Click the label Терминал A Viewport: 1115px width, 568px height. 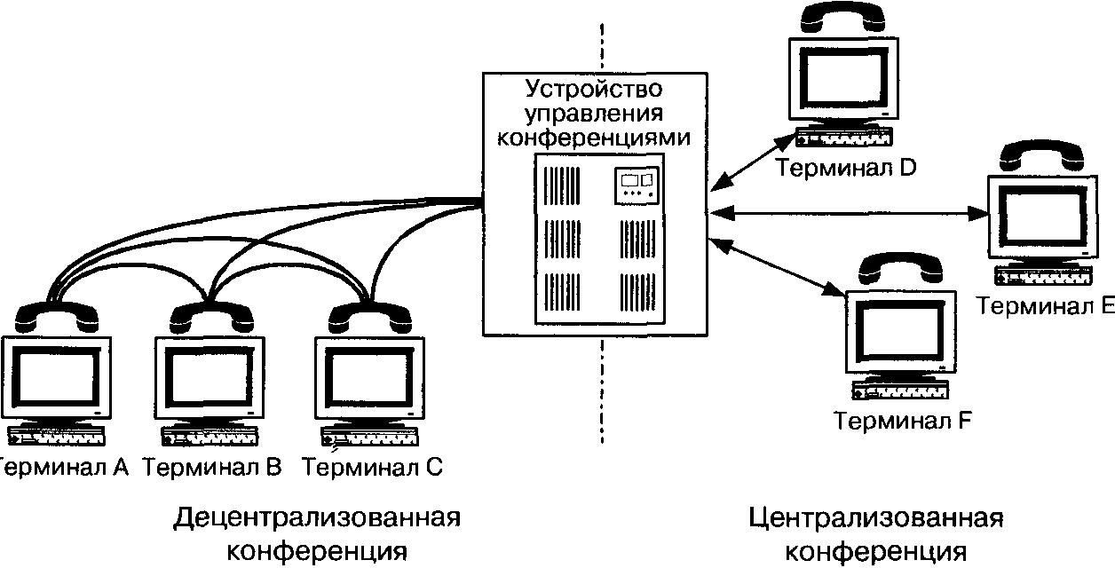click(x=64, y=468)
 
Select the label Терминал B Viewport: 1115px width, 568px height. click(x=212, y=468)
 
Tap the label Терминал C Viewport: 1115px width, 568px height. click(x=372, y=468)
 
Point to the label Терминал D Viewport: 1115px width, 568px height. click(x=846, y=168)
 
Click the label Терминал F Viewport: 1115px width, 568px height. click(x=903, y=421)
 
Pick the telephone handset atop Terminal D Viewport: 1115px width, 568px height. click(x=842, y=19)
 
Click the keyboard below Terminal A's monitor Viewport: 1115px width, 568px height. click(x=56, y=436)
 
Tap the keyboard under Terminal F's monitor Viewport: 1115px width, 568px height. click(x=900, y=390)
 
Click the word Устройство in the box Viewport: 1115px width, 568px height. click(x=594, y=90)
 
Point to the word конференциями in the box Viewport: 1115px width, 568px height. click(x=594, y=138)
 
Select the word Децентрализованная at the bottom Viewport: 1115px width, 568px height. click(x=317, y=518)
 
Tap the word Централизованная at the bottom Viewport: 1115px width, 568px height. click(x=876, y=518)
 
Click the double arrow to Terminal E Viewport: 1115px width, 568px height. click(x=850, y=214)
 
